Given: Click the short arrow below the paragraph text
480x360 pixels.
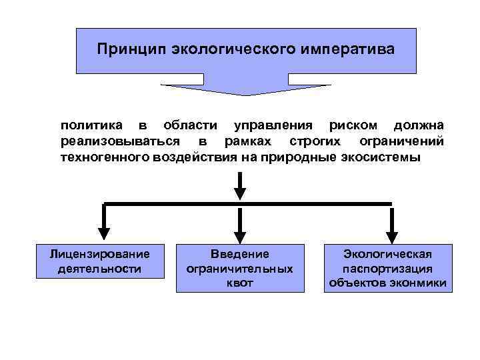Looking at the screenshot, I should click(240, 185).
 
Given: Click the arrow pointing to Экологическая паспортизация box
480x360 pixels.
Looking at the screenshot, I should click(392, 223).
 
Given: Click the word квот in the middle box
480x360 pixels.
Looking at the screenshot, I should click(240, 283).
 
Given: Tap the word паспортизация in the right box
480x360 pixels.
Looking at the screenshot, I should click(387, 268).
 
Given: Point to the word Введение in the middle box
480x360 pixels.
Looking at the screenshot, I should click(240, 253).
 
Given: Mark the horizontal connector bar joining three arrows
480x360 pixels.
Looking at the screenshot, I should click(247, 203).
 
